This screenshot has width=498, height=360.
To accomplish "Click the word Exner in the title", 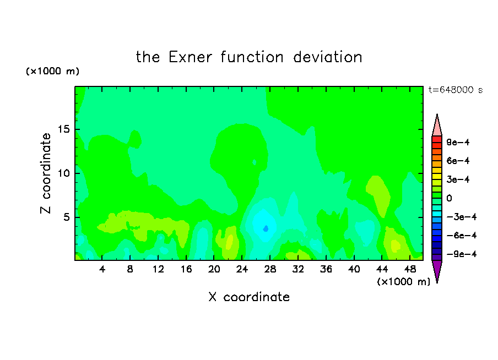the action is (190, 57).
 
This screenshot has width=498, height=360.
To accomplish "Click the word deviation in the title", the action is (328, 57).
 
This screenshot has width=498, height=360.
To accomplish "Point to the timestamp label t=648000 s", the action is (456, 90).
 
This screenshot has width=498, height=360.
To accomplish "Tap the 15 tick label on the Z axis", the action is (63, 129).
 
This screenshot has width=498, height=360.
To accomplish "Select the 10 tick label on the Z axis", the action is (63, 173).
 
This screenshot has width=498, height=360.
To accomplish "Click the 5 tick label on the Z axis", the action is (66, 217).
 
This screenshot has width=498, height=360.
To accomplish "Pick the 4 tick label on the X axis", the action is (102, 269).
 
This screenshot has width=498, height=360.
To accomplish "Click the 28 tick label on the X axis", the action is (270, 269).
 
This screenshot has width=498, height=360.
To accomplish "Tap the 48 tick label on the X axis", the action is (410, 269).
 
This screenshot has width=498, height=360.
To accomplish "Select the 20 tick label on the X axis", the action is (214, 269).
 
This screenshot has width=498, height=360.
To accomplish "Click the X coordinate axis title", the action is (249, 297).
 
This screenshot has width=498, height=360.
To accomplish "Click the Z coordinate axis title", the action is (46, 173).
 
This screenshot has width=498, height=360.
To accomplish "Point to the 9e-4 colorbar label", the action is (458, 142).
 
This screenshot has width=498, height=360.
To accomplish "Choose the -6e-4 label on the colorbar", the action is (462, 236).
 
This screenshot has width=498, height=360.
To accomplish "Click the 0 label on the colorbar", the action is (449, 198).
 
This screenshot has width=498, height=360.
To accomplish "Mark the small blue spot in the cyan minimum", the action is (266, 228).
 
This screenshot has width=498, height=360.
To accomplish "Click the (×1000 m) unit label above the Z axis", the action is (52, 71).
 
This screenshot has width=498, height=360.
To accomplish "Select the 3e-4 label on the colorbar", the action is (458, 179).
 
